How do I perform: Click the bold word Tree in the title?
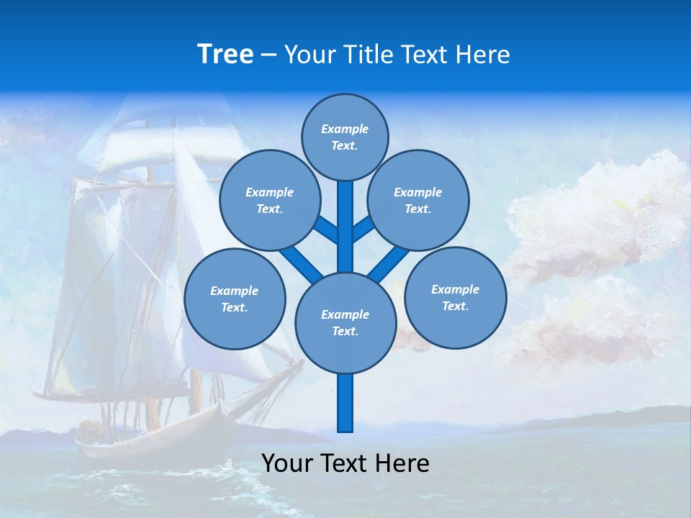(x=225, y=54)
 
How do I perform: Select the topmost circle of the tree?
(x=345, y=137)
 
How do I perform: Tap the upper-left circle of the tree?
(x=269, y=200)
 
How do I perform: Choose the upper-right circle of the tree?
(x=417, y=200)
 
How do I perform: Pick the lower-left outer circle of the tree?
(x=235, y=299)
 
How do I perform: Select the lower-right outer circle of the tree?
(x=455, y=297)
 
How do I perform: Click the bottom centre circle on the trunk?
(x=345, y=322)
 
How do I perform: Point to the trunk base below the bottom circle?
(x=345, y=403)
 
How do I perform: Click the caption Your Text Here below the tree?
(x=345, y=463)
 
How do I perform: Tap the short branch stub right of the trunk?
(x=363, y=229)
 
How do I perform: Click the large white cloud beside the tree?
(x=597, y=216)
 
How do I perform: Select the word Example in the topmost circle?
(x=345, y=129)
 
